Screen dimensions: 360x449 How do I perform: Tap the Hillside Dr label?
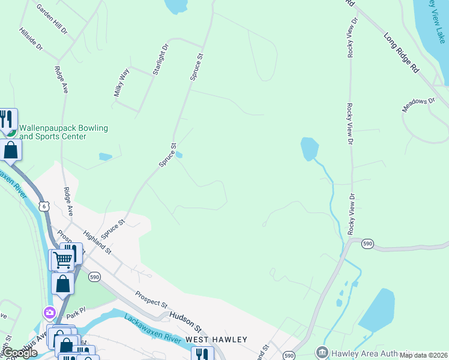tap(31, 38)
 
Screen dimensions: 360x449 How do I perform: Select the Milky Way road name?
tap(122, 83)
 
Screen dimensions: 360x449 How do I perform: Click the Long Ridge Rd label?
tap(401, 53)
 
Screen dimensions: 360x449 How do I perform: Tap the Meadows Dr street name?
tap(418, 104)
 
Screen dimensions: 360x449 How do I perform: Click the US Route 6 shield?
tap(43, 206)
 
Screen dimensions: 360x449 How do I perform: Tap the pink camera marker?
tap(49, 313)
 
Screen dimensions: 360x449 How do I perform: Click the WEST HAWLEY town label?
tap(216, 340)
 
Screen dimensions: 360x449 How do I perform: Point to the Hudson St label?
tap(184, 319)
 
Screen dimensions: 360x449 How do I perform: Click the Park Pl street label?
tap(76, 314)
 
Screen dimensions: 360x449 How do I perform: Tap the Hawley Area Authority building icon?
tap(322, 352)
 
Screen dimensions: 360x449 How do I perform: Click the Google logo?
tap(19, 353)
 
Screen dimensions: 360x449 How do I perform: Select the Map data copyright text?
tap(424, 355)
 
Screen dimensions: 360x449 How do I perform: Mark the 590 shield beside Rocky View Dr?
tap(368, 243)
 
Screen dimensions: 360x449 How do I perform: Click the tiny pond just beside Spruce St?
tap(179, 155)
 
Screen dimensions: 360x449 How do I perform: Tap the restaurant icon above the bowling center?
tap(7, 119)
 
